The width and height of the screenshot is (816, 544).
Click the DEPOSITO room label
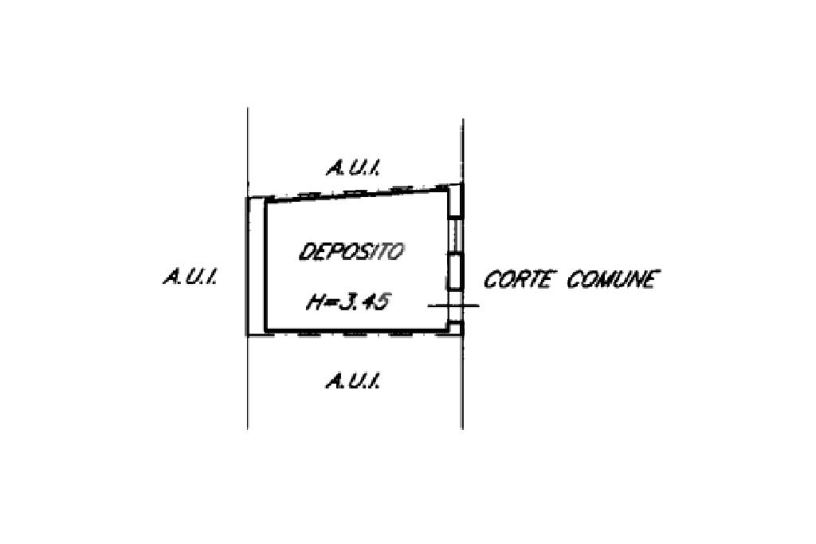[351, 252]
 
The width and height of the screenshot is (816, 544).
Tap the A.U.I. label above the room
[351, 168]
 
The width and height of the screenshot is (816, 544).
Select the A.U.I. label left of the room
[191, 278]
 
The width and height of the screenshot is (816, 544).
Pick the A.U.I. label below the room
[351, 381]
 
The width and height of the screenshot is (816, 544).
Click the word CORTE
[518, 280]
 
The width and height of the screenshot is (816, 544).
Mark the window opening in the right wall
[454, 235]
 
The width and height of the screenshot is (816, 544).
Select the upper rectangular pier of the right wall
[454, 201]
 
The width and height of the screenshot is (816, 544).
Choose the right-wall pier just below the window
[454, 271]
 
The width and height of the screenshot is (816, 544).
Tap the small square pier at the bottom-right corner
[454, 326]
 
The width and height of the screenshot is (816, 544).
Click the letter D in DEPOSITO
[306, 252]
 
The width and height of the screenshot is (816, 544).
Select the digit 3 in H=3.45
[347, 303]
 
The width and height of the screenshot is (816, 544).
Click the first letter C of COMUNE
[574, 280]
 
